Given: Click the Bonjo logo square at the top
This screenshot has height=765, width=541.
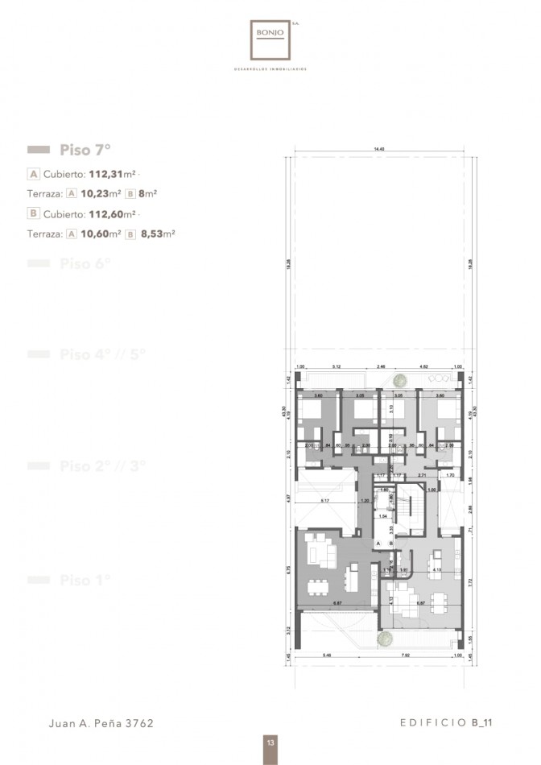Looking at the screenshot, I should [270, 39].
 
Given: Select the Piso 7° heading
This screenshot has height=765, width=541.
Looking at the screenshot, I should [85, 150].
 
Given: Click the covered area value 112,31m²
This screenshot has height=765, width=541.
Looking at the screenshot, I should [112, 173].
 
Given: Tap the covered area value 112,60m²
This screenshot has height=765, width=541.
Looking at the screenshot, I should [112, 214].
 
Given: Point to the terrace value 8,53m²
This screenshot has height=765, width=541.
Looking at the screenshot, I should [158, 234].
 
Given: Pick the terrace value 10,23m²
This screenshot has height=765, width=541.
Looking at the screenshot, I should [101, 193].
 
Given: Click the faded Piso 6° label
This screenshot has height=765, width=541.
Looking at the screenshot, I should [85, 264].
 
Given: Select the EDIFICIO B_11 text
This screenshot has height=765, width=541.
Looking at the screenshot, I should [445, 723].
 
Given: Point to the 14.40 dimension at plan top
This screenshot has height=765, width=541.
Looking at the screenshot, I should [378, 150].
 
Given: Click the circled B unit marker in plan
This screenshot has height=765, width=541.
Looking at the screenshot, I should [391, 544].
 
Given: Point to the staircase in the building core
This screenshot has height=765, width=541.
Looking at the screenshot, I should [415, 511].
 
